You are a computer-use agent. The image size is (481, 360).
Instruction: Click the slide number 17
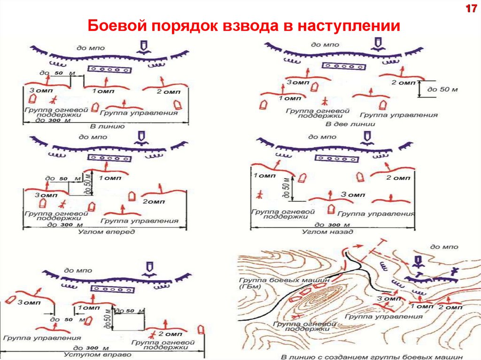tap(470, 9)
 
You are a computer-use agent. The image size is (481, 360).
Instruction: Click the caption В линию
tap(107, 126)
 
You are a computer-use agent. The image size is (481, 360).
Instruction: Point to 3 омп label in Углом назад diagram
tap(352, 194)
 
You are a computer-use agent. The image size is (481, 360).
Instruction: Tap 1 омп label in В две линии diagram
tap(289, 99)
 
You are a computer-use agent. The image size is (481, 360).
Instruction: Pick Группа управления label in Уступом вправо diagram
tap(42, 337)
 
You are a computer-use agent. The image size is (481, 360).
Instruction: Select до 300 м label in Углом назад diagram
tap(332, 225)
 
